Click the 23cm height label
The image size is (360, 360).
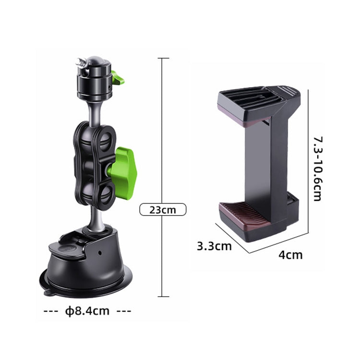point(162,209)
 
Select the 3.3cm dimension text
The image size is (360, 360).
point(214,246)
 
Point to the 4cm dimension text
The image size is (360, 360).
point(290,254)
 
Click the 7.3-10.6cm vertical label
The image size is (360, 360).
point(317,168)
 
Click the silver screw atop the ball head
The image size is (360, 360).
point(81,62)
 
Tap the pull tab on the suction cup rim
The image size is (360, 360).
point(47,291)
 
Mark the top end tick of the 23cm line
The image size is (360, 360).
point(163,59)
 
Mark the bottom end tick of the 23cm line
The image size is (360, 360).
point(163,297)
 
